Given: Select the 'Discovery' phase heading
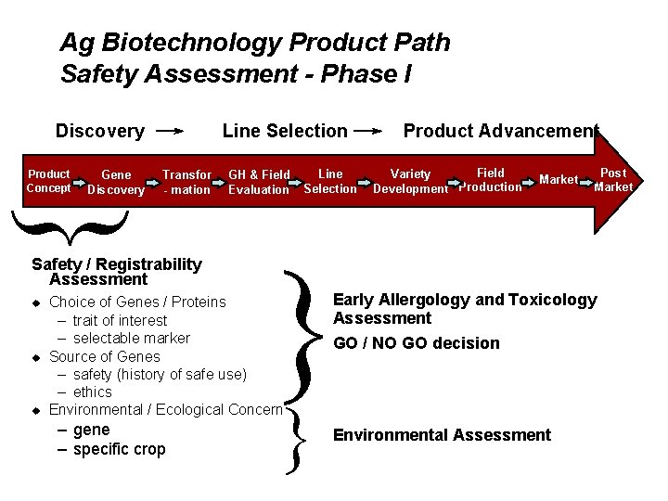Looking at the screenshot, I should tap(99, 131).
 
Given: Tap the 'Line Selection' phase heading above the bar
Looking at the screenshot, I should tap(285, 131).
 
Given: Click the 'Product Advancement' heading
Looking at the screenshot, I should tap(500, 131).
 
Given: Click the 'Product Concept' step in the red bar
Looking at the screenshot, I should tap(48, 181).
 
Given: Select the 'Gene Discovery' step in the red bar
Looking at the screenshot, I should tap(116, 182).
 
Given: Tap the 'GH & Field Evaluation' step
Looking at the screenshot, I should tap(259, 182).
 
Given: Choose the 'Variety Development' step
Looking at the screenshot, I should tap(410, 181).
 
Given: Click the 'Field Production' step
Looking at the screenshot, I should tap(490, 180).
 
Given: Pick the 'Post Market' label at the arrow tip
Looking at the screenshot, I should tap(613, 180).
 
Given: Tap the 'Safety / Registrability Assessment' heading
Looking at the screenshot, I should tap(116, 272).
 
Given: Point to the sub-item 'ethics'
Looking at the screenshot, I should tap(92, 392).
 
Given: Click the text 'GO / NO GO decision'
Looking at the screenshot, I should tap(416, 343).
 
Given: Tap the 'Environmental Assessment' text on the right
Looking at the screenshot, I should tap(442, 435).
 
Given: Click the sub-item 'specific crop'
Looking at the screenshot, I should tap(119, 449).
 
